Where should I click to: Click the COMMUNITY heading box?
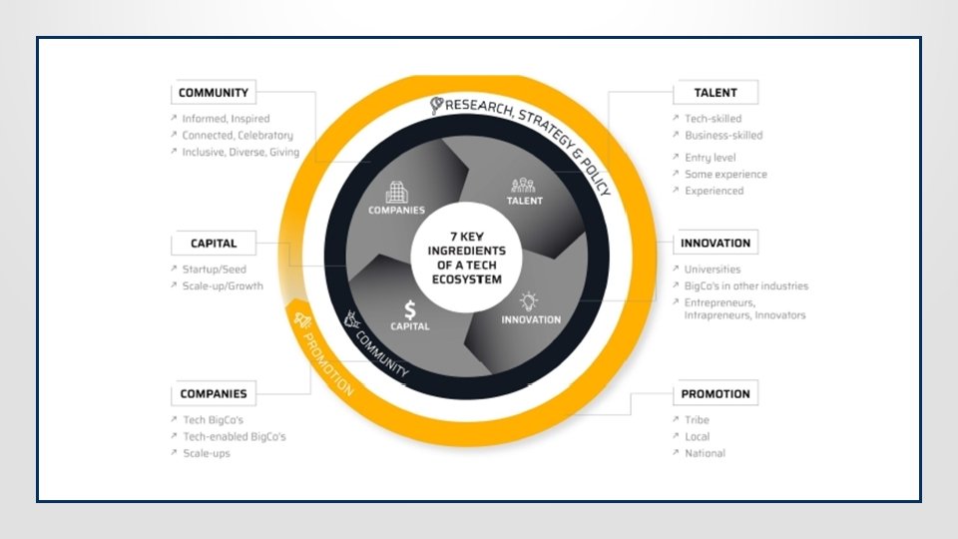(x=213, y=94)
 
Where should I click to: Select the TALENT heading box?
(x=715, y=93)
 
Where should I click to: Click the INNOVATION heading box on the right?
(x=715, y=243)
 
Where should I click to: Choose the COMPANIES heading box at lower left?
(x=213, y=393)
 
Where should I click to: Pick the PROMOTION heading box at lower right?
(x=715, y=393)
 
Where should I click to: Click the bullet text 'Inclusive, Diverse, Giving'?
(x=239, y=152)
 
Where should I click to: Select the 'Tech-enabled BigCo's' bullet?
(x=234, y=436)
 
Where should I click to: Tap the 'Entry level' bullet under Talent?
(x=711, y=157)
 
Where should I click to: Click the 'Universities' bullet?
(x=713, y=269)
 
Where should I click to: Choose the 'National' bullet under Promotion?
(x=705, y=453)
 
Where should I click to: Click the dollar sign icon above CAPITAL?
(x=410, y=309)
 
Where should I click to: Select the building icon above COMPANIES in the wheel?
(x=396, y=191)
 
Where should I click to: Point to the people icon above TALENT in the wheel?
(x=524, y=185)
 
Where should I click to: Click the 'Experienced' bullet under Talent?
(x=714, y=191)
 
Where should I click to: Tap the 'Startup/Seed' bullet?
(x=214, y=269)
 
